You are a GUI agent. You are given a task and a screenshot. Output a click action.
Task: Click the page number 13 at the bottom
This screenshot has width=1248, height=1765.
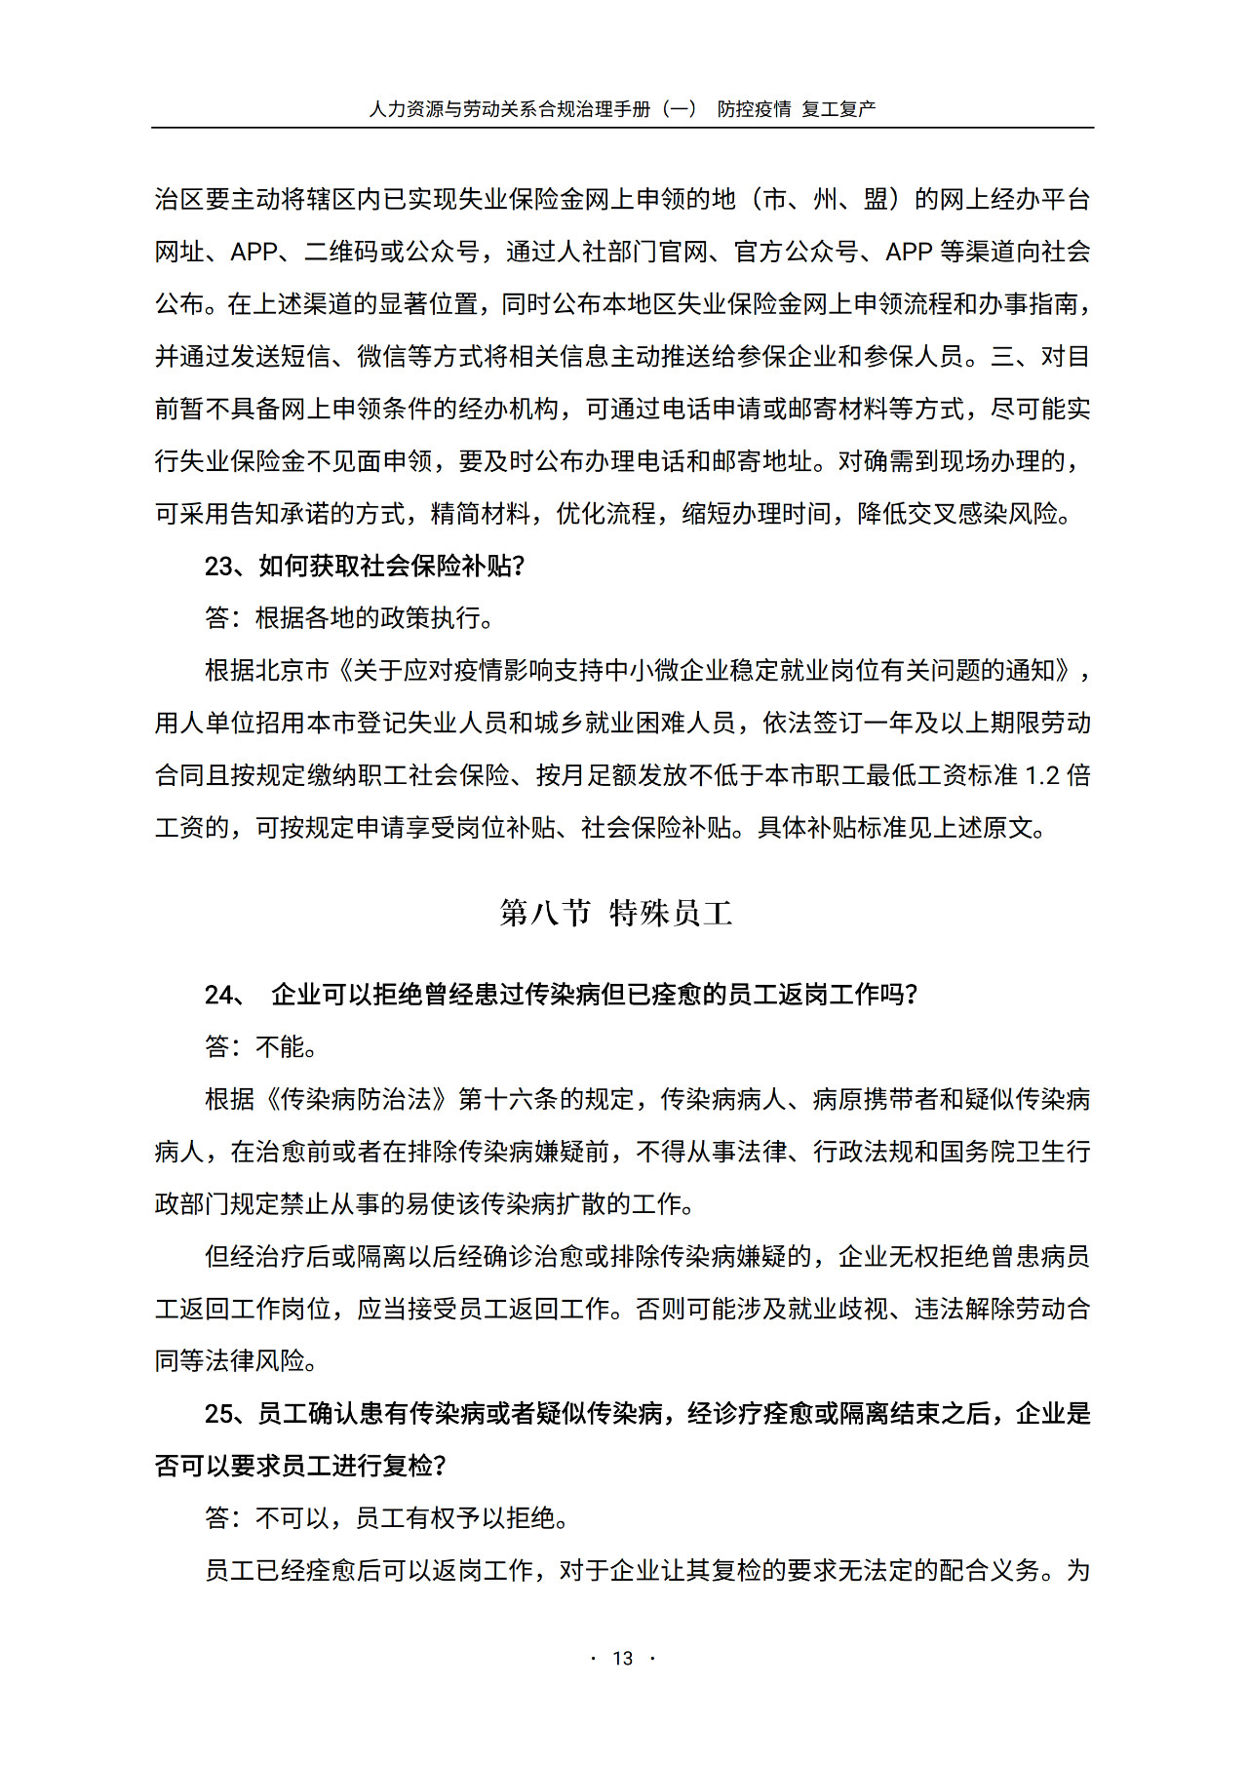(623, 1658)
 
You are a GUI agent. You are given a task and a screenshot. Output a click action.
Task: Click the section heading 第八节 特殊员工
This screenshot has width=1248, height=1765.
(615, 913)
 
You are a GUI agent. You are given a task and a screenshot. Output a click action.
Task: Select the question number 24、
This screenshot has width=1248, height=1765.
(225, 995)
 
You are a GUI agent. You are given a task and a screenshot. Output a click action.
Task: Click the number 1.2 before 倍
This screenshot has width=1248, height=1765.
(1042, 775)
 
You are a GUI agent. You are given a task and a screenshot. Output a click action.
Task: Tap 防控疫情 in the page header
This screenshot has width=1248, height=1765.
(754, 109)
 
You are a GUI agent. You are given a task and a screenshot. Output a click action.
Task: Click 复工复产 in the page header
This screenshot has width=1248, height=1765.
(838, 109)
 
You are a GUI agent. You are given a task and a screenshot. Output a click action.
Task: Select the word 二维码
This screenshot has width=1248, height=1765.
(341, 252)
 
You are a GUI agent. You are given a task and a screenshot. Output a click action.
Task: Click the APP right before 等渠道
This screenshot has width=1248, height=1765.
(909, 252)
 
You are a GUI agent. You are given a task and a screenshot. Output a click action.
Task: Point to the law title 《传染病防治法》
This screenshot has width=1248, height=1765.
(356, 1099)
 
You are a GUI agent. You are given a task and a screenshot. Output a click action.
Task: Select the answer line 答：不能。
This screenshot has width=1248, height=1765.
(261, 1047)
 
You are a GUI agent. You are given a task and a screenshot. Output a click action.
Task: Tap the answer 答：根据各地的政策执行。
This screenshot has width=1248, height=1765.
(350, 618)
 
